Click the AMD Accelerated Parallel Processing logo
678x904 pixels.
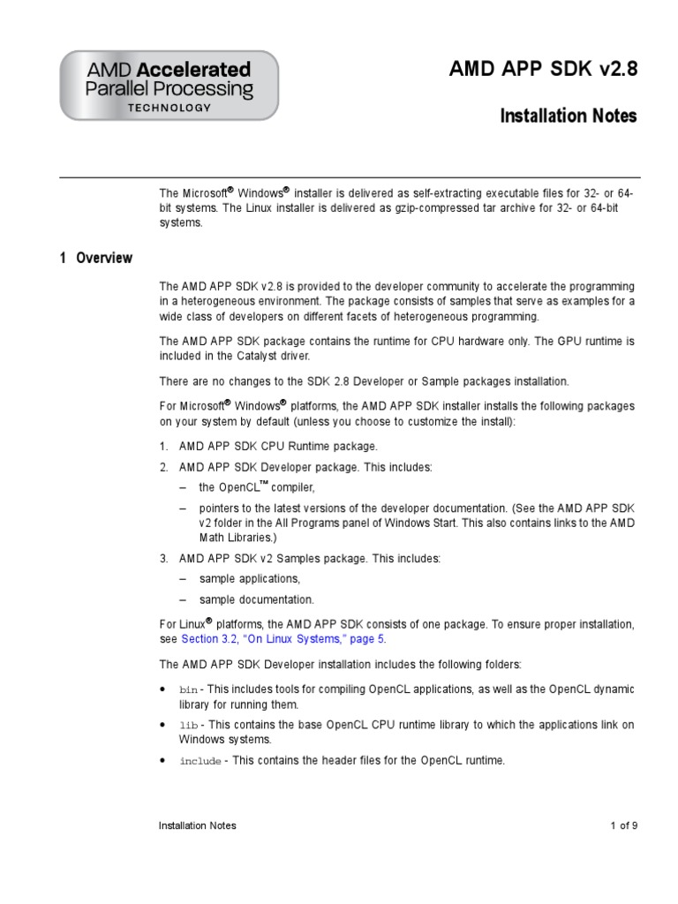click(169, 85)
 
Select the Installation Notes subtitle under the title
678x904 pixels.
click(568, 116)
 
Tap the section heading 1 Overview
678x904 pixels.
click(96, 258)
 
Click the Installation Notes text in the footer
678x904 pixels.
click(197, 825)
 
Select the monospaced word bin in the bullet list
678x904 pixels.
click(189, 689)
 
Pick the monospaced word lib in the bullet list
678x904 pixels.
click(189, 725)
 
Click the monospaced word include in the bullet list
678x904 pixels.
click(200, 761)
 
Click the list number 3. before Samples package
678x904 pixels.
click(164, 559)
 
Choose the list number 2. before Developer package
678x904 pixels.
click(164, 467)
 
